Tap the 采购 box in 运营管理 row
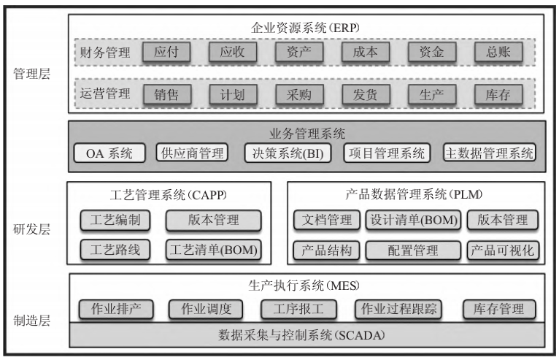[298, 94]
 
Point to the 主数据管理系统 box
[489, 153]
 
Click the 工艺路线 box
[115, 250]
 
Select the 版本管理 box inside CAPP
[212, 220]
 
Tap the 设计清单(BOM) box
[412, 220]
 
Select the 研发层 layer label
[32, 229]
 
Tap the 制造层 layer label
[32, 320]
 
